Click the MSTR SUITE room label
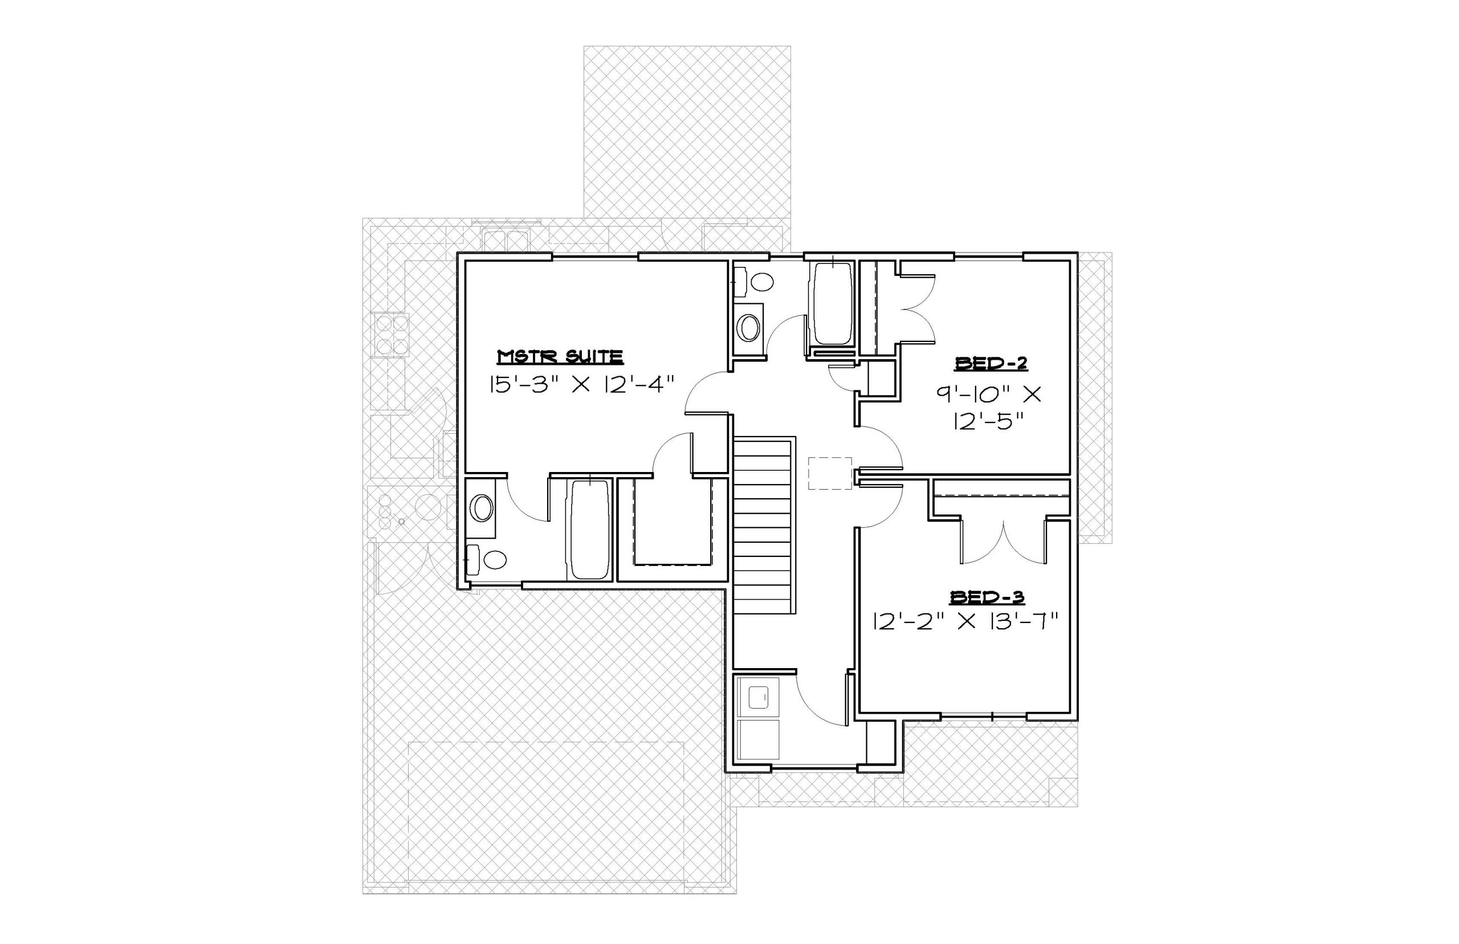pyautogui.click(x=560, y=357)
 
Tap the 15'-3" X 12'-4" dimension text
pyautogui.click(x=581, y=385)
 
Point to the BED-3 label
pyautogui.click(x=987, y=597)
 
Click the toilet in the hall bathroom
pyautogui.click(x=755, y=282)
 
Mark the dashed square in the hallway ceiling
pyautogui.click(x=830, y=473)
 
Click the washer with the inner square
pyautogui.click(x=758, y=697)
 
